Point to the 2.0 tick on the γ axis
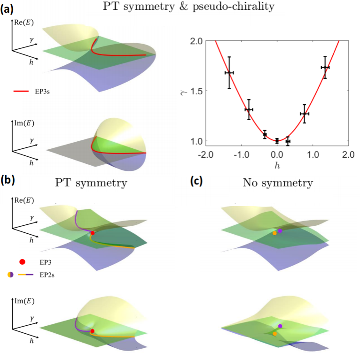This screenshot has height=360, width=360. (x=196, y=41)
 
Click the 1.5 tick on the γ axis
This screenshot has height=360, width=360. (x=196, y=91)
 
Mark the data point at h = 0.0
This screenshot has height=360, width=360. (x=277, y=141)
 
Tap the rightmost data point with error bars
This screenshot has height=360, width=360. (x=325, y=68)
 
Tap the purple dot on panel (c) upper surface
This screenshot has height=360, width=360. (x=280, y=230)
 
